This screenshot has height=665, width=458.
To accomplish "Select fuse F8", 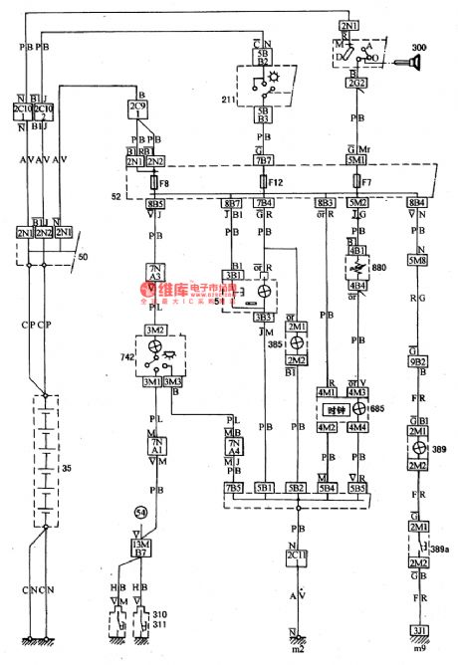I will pyautogui.click(x=152, y=183).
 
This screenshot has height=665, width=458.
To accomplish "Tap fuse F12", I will pyautogui.click(x=264, y=183).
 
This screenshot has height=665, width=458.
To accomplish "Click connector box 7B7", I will pyautogui.click(x=264, y=159).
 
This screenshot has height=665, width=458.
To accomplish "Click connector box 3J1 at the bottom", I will pyautogui.click(x=419, y=630).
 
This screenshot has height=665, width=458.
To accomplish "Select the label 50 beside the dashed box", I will pyautogui.click(x=93, y=258).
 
